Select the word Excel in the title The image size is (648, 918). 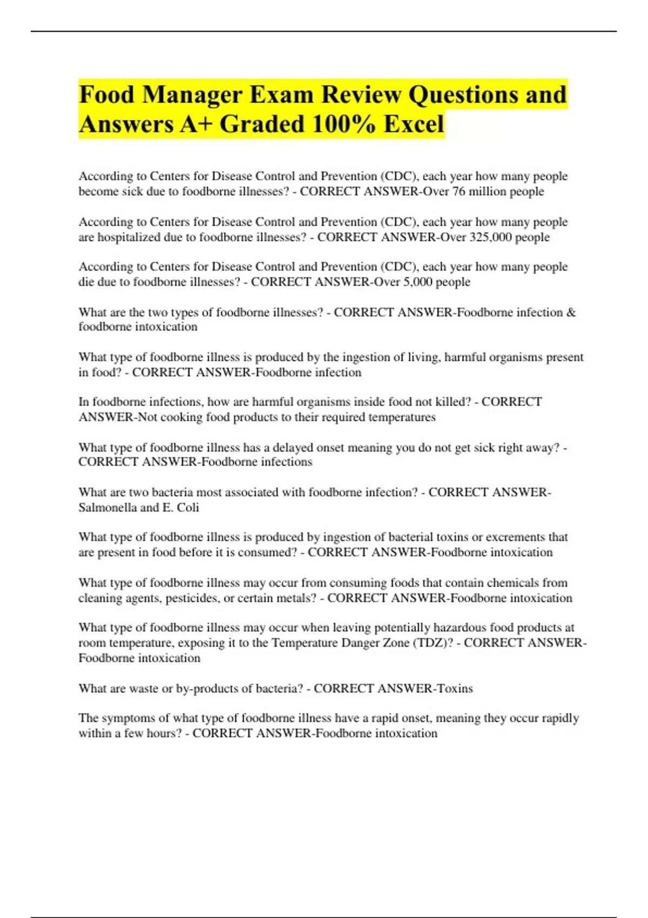coord(414,124)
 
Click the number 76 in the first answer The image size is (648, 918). coord(458,192)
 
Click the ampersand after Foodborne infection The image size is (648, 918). coord(571,312)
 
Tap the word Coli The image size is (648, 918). coord(188,508)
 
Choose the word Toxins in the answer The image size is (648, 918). coord(455,688)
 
